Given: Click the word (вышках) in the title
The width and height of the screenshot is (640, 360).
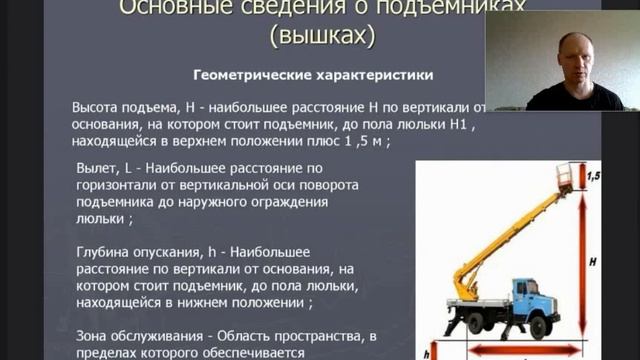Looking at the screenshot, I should pyautogui.click(x=322, y=37).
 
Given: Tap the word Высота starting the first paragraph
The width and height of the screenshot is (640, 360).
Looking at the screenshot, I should pyautogui.click(x=98, y=107).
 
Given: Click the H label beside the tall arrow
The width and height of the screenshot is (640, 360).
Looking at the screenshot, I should pyautogui.click(x=593, y=261).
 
